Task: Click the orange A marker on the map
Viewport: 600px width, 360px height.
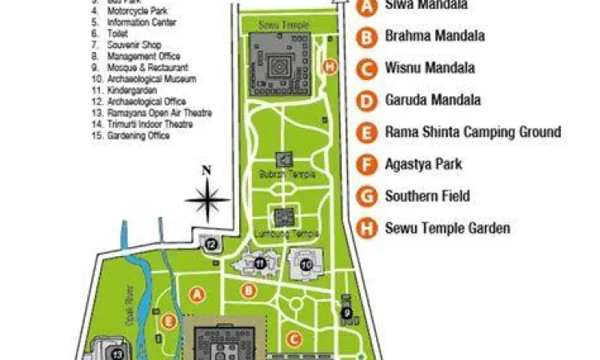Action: [198, 294]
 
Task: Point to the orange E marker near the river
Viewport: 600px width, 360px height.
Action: [168, 321]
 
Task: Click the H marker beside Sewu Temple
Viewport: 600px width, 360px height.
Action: [329, 66]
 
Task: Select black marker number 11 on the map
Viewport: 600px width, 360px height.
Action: [259, 262]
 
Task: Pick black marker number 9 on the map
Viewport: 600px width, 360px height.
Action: [347, 313]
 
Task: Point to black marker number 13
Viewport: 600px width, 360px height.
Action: [117, 353]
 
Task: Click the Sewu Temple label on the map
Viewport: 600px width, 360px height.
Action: [286, 26]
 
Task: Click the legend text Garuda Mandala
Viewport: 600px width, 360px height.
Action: [433, 100]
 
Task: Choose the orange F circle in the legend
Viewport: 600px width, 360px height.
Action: [367, 165]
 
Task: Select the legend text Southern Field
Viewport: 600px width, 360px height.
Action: [427, 196]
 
